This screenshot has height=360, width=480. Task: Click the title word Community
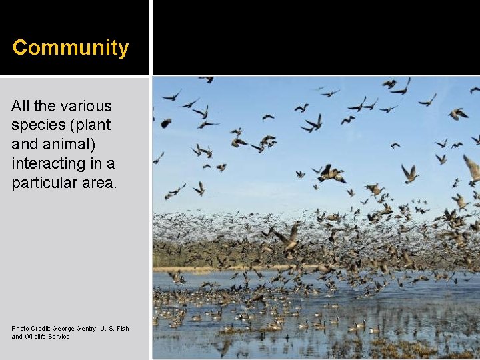[71, 48]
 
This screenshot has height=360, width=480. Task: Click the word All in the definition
[21, 106]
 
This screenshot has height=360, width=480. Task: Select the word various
[86, 106]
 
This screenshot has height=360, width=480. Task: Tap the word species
[37, 125]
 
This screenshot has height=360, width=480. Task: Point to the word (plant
[90, 125]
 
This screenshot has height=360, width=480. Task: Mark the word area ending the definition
[95, 183]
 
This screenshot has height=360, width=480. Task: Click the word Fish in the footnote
[123, 328]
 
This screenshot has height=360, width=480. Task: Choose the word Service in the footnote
[59, 337]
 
